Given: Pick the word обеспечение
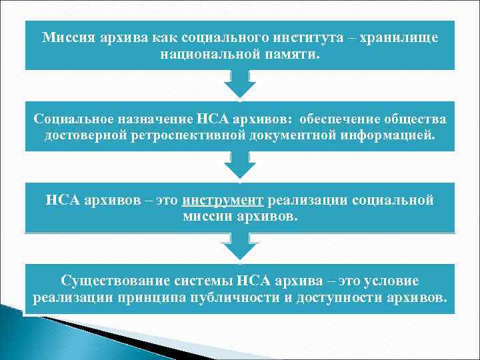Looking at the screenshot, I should pos(343,119).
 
